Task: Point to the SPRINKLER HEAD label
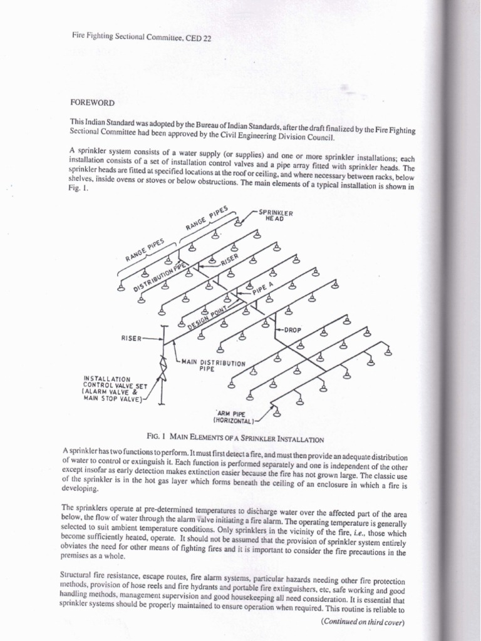(x=276, y=215)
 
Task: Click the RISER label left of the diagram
(x=133, y=337)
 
